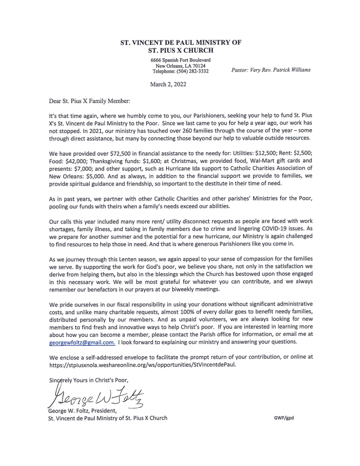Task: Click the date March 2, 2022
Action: (168, 84)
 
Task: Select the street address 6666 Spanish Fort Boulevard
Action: (180, 59)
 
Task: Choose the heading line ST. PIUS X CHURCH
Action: (180, 50)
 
